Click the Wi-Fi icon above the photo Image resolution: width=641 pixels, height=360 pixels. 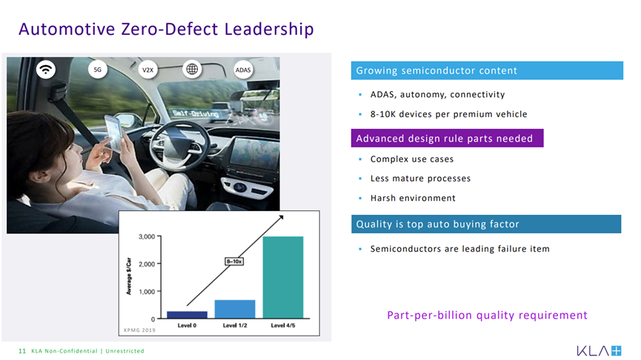(46, 69)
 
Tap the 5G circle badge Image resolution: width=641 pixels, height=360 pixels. (98, 70)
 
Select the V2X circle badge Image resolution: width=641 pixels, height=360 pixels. (147, 70)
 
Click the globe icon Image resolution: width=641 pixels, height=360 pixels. (192, 69)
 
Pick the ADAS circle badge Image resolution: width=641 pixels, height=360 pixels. (243, 70)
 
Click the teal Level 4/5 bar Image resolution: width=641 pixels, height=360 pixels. (283, 277)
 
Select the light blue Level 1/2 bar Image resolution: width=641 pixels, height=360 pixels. (235, 309)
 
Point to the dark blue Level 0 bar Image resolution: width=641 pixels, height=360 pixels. (187, 315)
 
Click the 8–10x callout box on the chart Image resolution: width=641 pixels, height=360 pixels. (234, 261)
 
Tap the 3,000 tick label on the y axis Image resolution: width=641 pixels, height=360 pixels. (147, 236)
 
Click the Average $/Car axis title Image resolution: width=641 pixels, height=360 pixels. (129, 276)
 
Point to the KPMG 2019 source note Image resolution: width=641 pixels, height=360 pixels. (139, 330)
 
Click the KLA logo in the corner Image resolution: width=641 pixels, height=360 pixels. (600, 350)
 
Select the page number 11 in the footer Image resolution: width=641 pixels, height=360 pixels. (22, 351)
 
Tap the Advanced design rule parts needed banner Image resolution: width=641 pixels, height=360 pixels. (448, 138)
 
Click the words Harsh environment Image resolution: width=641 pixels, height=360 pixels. (413, 199)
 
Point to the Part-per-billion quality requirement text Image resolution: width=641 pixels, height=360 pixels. (487, 316)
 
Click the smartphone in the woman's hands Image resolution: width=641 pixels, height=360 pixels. (114, 132)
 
